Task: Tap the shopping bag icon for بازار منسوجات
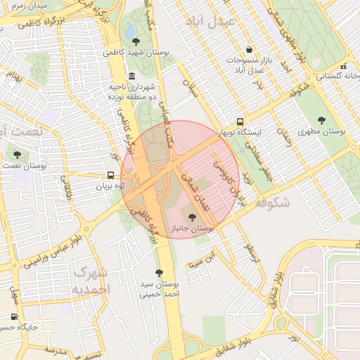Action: [250, 49]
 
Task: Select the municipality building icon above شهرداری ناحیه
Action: [131, 77]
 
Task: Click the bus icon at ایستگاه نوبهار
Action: [240, 121]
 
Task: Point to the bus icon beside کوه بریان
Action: [110, 176]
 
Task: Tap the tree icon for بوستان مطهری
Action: [321, 120]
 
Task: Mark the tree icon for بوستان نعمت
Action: [17, 155]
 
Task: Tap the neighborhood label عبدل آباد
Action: [209, 21]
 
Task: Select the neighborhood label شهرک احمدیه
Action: [91, 281]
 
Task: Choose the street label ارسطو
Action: [251, 248]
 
